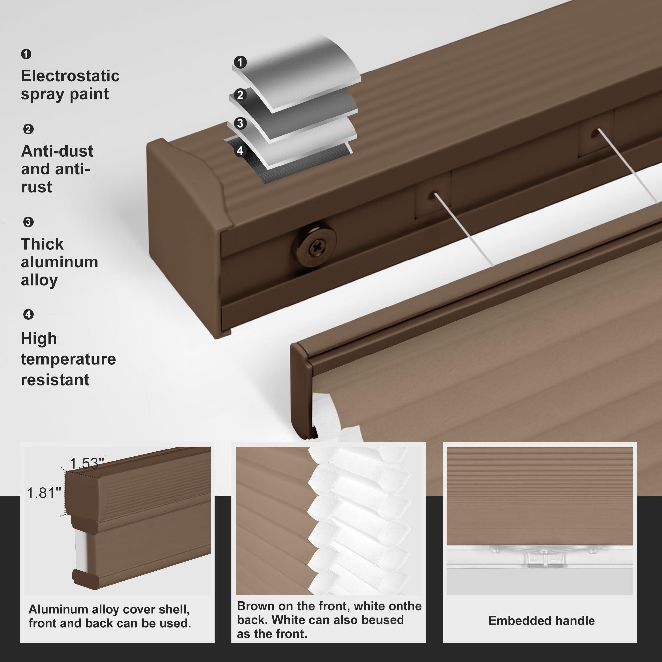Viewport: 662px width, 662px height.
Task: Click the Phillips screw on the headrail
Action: click(x=313, y=246)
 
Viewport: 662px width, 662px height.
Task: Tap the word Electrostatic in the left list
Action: click(x=70, y=76)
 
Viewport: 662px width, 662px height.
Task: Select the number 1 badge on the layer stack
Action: click(x=240, y=62)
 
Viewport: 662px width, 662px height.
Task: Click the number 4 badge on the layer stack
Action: click(x=240, y=150)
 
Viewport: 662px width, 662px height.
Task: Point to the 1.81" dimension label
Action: click(x=43, y=493)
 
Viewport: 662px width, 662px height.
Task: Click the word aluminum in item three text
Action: click(x=59, y=262)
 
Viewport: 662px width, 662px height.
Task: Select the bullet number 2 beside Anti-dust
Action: click(x=28, y=129)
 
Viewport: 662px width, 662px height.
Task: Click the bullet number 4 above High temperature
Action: click(x=28, y=314)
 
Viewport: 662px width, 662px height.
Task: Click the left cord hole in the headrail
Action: click(x=432, y=196)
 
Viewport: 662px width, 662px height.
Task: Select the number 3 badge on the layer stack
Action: click(x=240, y=123)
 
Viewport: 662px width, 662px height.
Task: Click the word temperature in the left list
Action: click(x=68, y=359)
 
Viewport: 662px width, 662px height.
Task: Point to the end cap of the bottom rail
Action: click(x=302, y=391)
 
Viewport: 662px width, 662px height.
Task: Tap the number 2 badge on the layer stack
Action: click(x=240, y=95)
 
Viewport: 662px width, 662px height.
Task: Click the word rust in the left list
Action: click(x=37, y=187)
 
